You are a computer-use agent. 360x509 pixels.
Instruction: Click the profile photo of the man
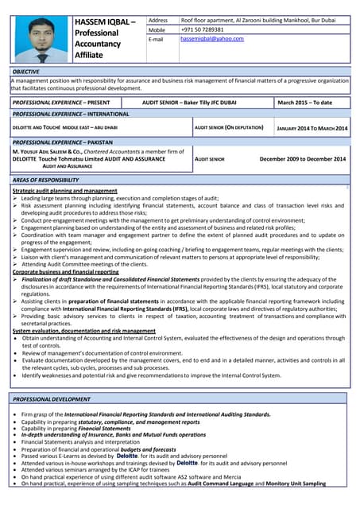[40, 39]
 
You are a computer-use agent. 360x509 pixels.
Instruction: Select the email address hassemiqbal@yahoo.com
[212, 39]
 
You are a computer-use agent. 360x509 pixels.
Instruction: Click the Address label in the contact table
[158, 20]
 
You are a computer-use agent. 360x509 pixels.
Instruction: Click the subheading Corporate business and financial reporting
[65, 272]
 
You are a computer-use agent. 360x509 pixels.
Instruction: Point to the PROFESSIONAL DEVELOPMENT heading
[52, 398]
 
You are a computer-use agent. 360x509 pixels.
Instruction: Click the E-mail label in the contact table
[156, 39]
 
